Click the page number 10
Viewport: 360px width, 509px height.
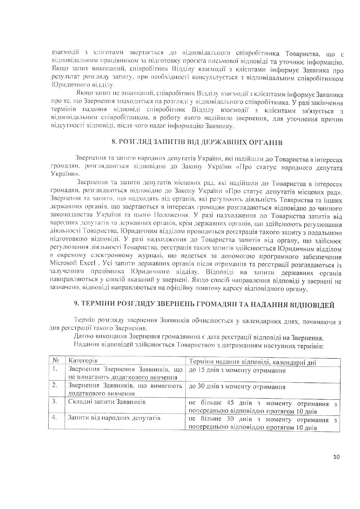pyautogui.click(x=336, y=457)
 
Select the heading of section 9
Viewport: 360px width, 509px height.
pyautogui.click(x=204, y=305)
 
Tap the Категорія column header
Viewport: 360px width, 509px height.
pyautogui.click(x=83, y=361)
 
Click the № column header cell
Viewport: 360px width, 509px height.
pyautogui.click(x=56, y=361)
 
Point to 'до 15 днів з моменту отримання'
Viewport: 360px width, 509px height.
pyautogui.click(x=237, y=371)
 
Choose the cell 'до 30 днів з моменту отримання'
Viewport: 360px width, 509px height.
pyautogui.click(x=237, y=387)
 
